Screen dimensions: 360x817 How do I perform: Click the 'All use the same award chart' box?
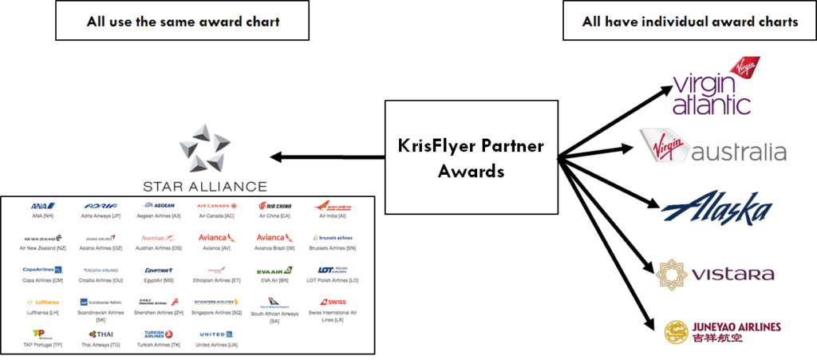tap(181, 22)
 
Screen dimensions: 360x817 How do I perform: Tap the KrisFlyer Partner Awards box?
tap(471, 158)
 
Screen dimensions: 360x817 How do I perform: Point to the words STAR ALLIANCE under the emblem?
tap(204, 187)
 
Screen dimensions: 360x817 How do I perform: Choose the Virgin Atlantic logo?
tap(712, 86)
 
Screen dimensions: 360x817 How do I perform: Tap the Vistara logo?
tap(714, 274)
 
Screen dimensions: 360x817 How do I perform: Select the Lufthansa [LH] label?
tap(42, 314)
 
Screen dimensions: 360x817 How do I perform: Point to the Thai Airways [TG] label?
tap(101, 345)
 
